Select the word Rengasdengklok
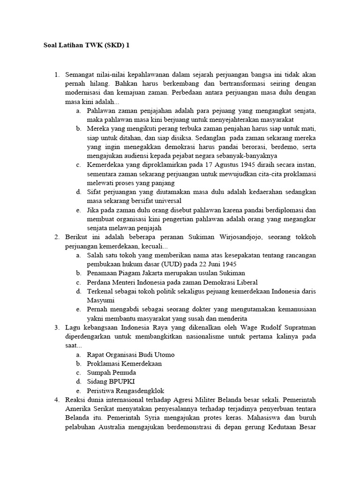click(x=140, y=390)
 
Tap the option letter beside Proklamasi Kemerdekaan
click(x=78, y=363)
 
